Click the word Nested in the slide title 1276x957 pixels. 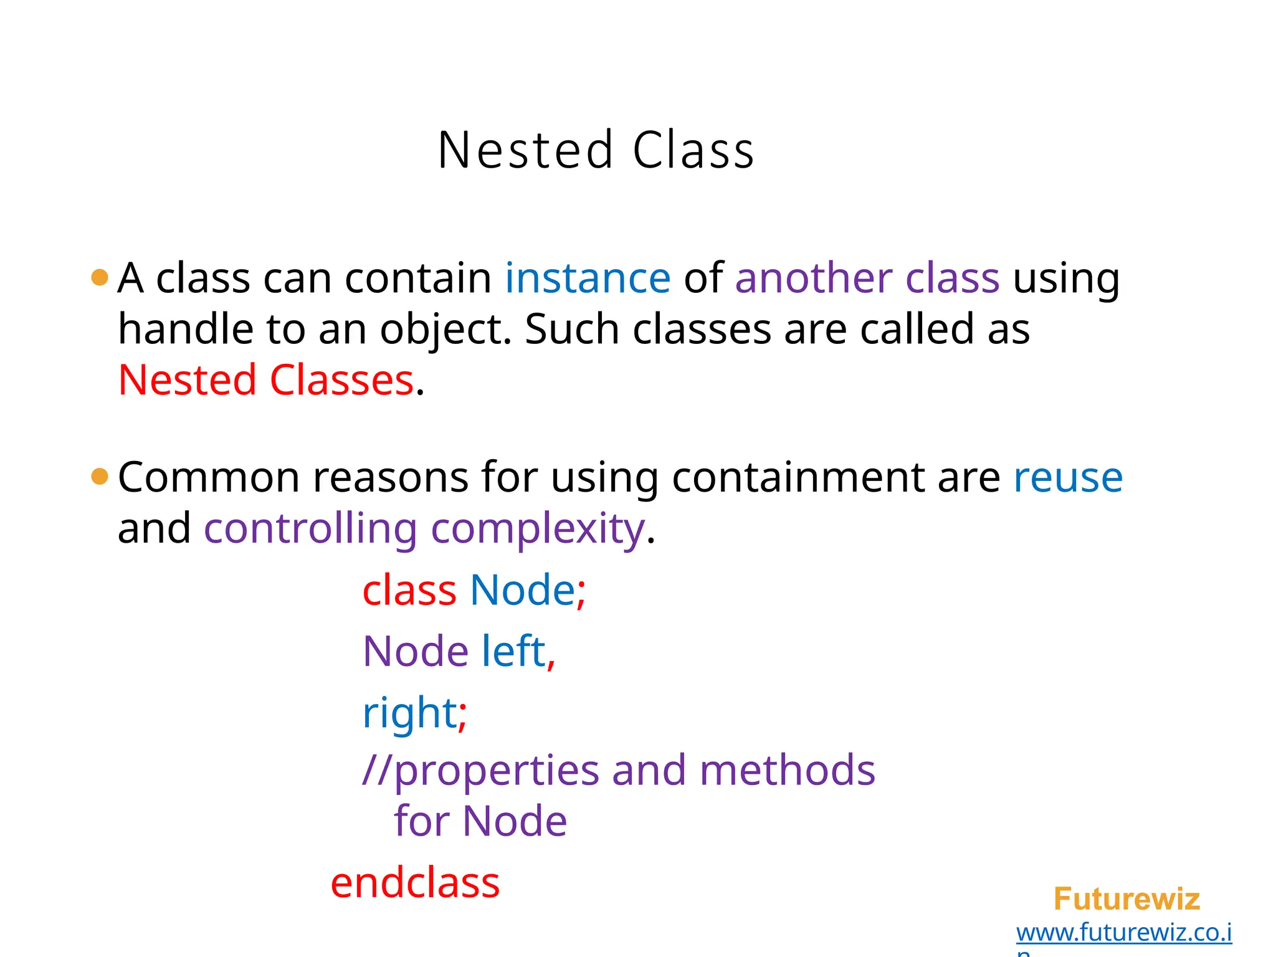pyautogui.click(x=525, y=150)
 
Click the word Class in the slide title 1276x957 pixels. pyautogui.click(x=693, y=150)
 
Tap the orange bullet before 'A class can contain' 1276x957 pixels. pyautogui.click(x=100, y=277)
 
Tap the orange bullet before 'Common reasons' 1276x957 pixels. pyautogui.click(x=100, y=477)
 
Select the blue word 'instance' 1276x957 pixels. pyautogui.click(x=588, y=278)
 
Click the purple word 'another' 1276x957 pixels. pyautogui.click(x=812, y=278)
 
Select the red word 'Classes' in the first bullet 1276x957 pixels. pyautogui.click(x=341, y=380)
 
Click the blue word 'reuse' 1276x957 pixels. pyautogui.click(x=1068, y=478)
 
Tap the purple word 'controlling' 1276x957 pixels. pyautogui.click(x=310, y=529)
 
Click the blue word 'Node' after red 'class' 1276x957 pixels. pyautogui.click(x=522, y=590)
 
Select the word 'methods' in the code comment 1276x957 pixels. pyautogui.click(x=787, y=771)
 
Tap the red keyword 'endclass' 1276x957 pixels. pyautogui.click(x=415, y=883)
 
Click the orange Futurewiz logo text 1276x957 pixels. pyautogui.click(x=1126, y=899)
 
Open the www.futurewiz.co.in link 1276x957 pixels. pyautogui.click(x=1124, y=933)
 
